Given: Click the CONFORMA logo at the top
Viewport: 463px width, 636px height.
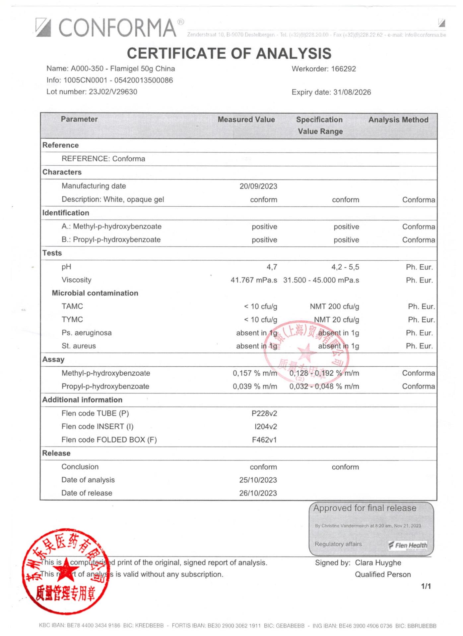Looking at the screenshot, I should [109, 27].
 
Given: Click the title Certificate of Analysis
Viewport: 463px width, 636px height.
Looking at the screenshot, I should [229, 53].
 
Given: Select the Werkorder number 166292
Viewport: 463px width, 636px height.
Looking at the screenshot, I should [343, 69].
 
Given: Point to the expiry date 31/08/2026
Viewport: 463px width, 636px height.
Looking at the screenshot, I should [352, 92].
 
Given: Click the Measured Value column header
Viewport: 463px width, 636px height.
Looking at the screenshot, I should [246, 120].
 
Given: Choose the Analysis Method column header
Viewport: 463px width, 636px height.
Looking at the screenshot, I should [398, 120].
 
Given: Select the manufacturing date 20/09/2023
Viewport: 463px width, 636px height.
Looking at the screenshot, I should [258, 186].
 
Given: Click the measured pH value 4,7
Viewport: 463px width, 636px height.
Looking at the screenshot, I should [272, 267].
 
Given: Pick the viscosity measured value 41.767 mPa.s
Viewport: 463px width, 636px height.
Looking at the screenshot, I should [254, 280].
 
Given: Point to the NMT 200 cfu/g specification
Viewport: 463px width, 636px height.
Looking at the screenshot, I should [334, 307].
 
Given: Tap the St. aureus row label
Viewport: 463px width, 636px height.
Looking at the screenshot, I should [79, 346].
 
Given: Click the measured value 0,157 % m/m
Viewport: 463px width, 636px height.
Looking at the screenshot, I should [255, 373].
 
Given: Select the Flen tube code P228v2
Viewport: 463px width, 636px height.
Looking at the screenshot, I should [264, 413].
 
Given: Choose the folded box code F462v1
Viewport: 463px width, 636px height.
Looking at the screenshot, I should [264, 440].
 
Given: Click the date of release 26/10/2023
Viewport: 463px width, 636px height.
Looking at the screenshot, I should [258, 493].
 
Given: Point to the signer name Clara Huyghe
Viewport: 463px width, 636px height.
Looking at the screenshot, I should [378, 563].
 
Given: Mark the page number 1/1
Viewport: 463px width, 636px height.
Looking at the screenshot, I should [426, 586].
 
